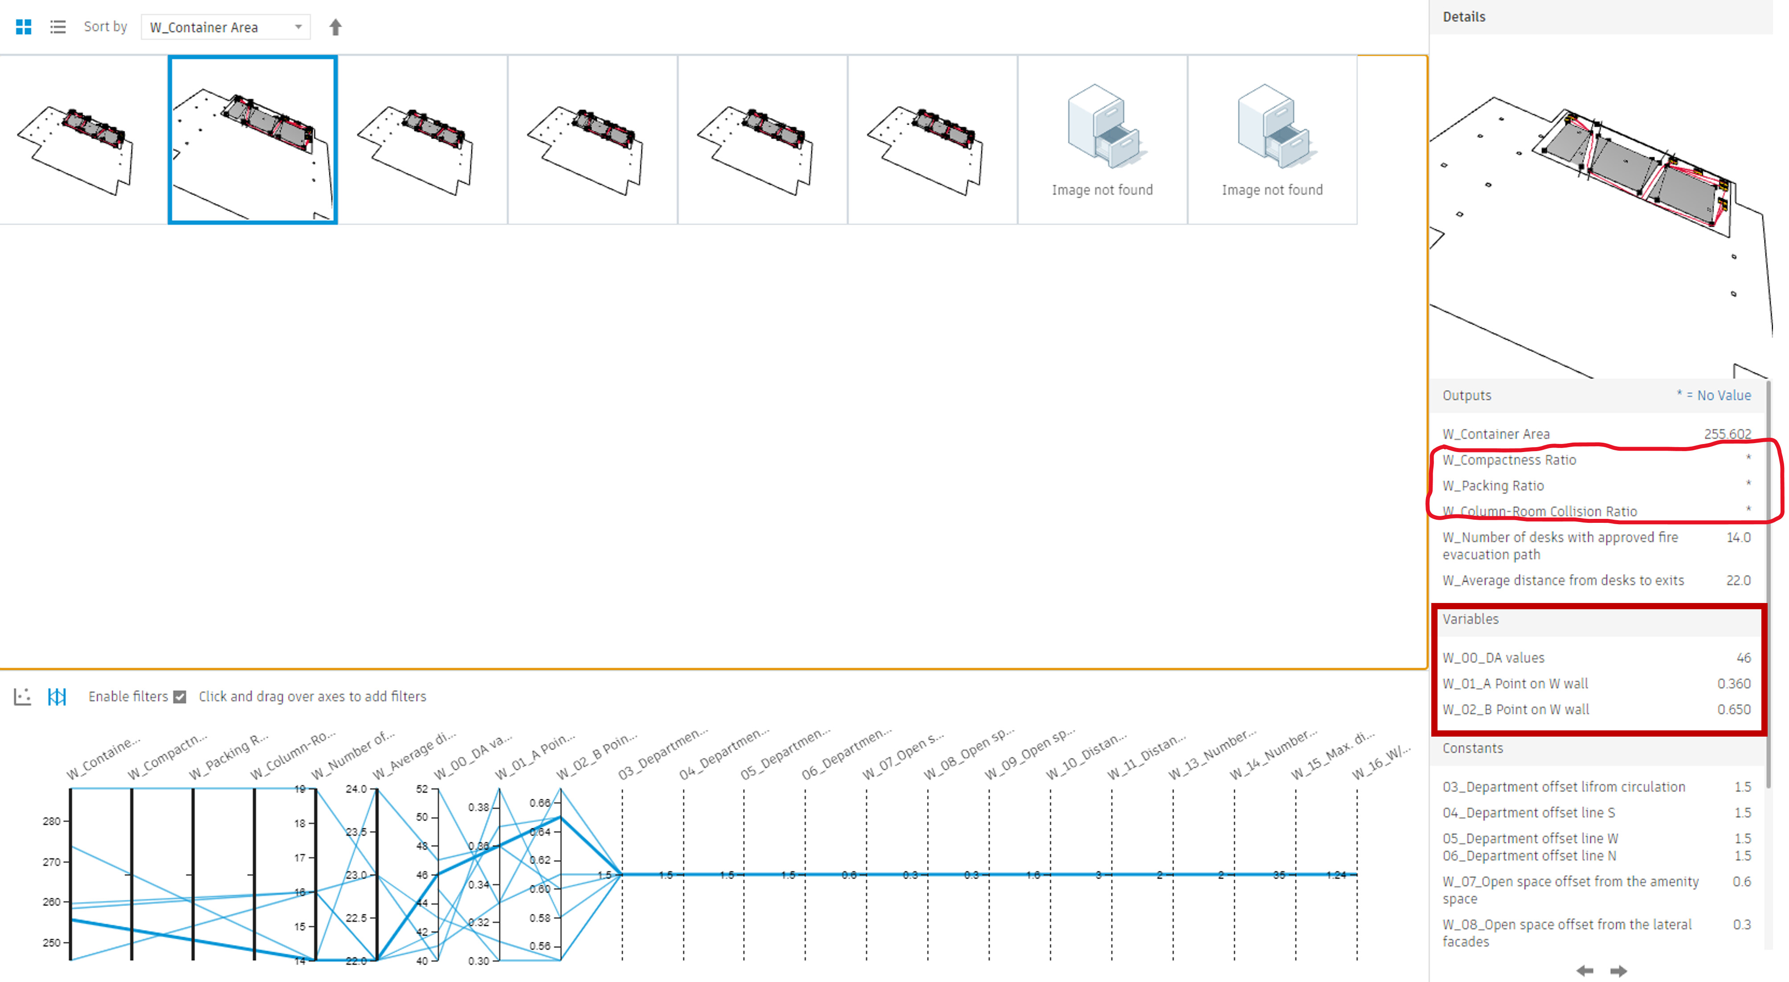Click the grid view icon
(24, 27)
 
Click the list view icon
(57, 27)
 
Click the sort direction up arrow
(335, 27)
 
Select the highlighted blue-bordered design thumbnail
(253, 139)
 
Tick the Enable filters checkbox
(180, 697)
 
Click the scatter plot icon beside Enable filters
(22, 697)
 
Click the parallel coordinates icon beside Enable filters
(57, 697)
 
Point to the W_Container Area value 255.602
(1727, 434)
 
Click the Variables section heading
(1470, 619)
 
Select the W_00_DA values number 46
(1743, 658)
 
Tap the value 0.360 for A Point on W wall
(1733, 683)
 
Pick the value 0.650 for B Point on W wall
(1733, 709)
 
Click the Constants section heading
(1472, 748)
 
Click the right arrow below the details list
(1618, 970)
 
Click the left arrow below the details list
(1585, 970)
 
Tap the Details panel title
(1464, 16)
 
